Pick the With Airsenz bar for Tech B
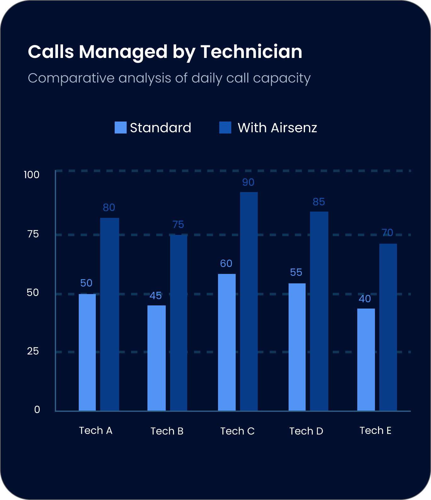point(179,322)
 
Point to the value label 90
point(248,182)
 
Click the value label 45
point(156,296)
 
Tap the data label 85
point(319,202)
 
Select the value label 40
point(365,299)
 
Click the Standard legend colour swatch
point(120,128)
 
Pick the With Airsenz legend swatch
point(225,128)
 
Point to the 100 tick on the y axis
point(32,175)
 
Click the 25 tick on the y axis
point(33,351)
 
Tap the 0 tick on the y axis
point(37,410)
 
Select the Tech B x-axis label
point(167,431)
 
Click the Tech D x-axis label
point(306,431)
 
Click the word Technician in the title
point(251,52)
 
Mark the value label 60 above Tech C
point(226,264)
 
